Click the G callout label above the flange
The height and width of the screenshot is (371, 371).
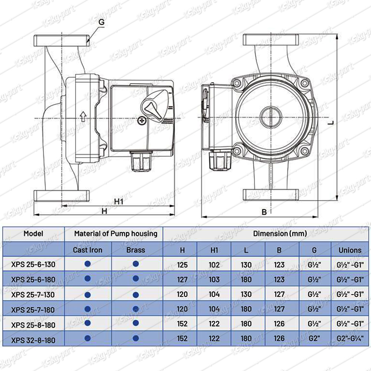[x=101, y=22]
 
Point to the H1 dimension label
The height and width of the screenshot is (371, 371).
[x=119, y=201]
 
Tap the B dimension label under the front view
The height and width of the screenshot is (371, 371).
[x=264, y=212]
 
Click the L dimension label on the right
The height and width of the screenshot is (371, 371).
[x=331, y=122]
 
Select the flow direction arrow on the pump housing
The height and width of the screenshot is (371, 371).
[x=83, y=116]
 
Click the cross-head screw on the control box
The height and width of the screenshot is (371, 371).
[x=142, y=121]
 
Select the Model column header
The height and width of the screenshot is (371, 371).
[x=33, y=233]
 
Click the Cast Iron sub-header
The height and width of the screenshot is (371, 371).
[x=88, y=250]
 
